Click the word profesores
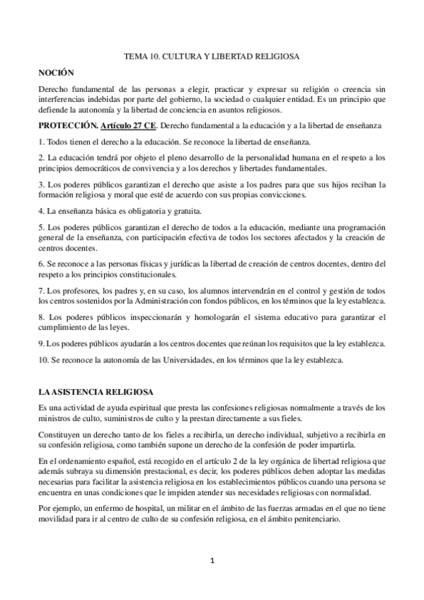(74, 291)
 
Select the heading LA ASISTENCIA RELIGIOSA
(88, 391)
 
